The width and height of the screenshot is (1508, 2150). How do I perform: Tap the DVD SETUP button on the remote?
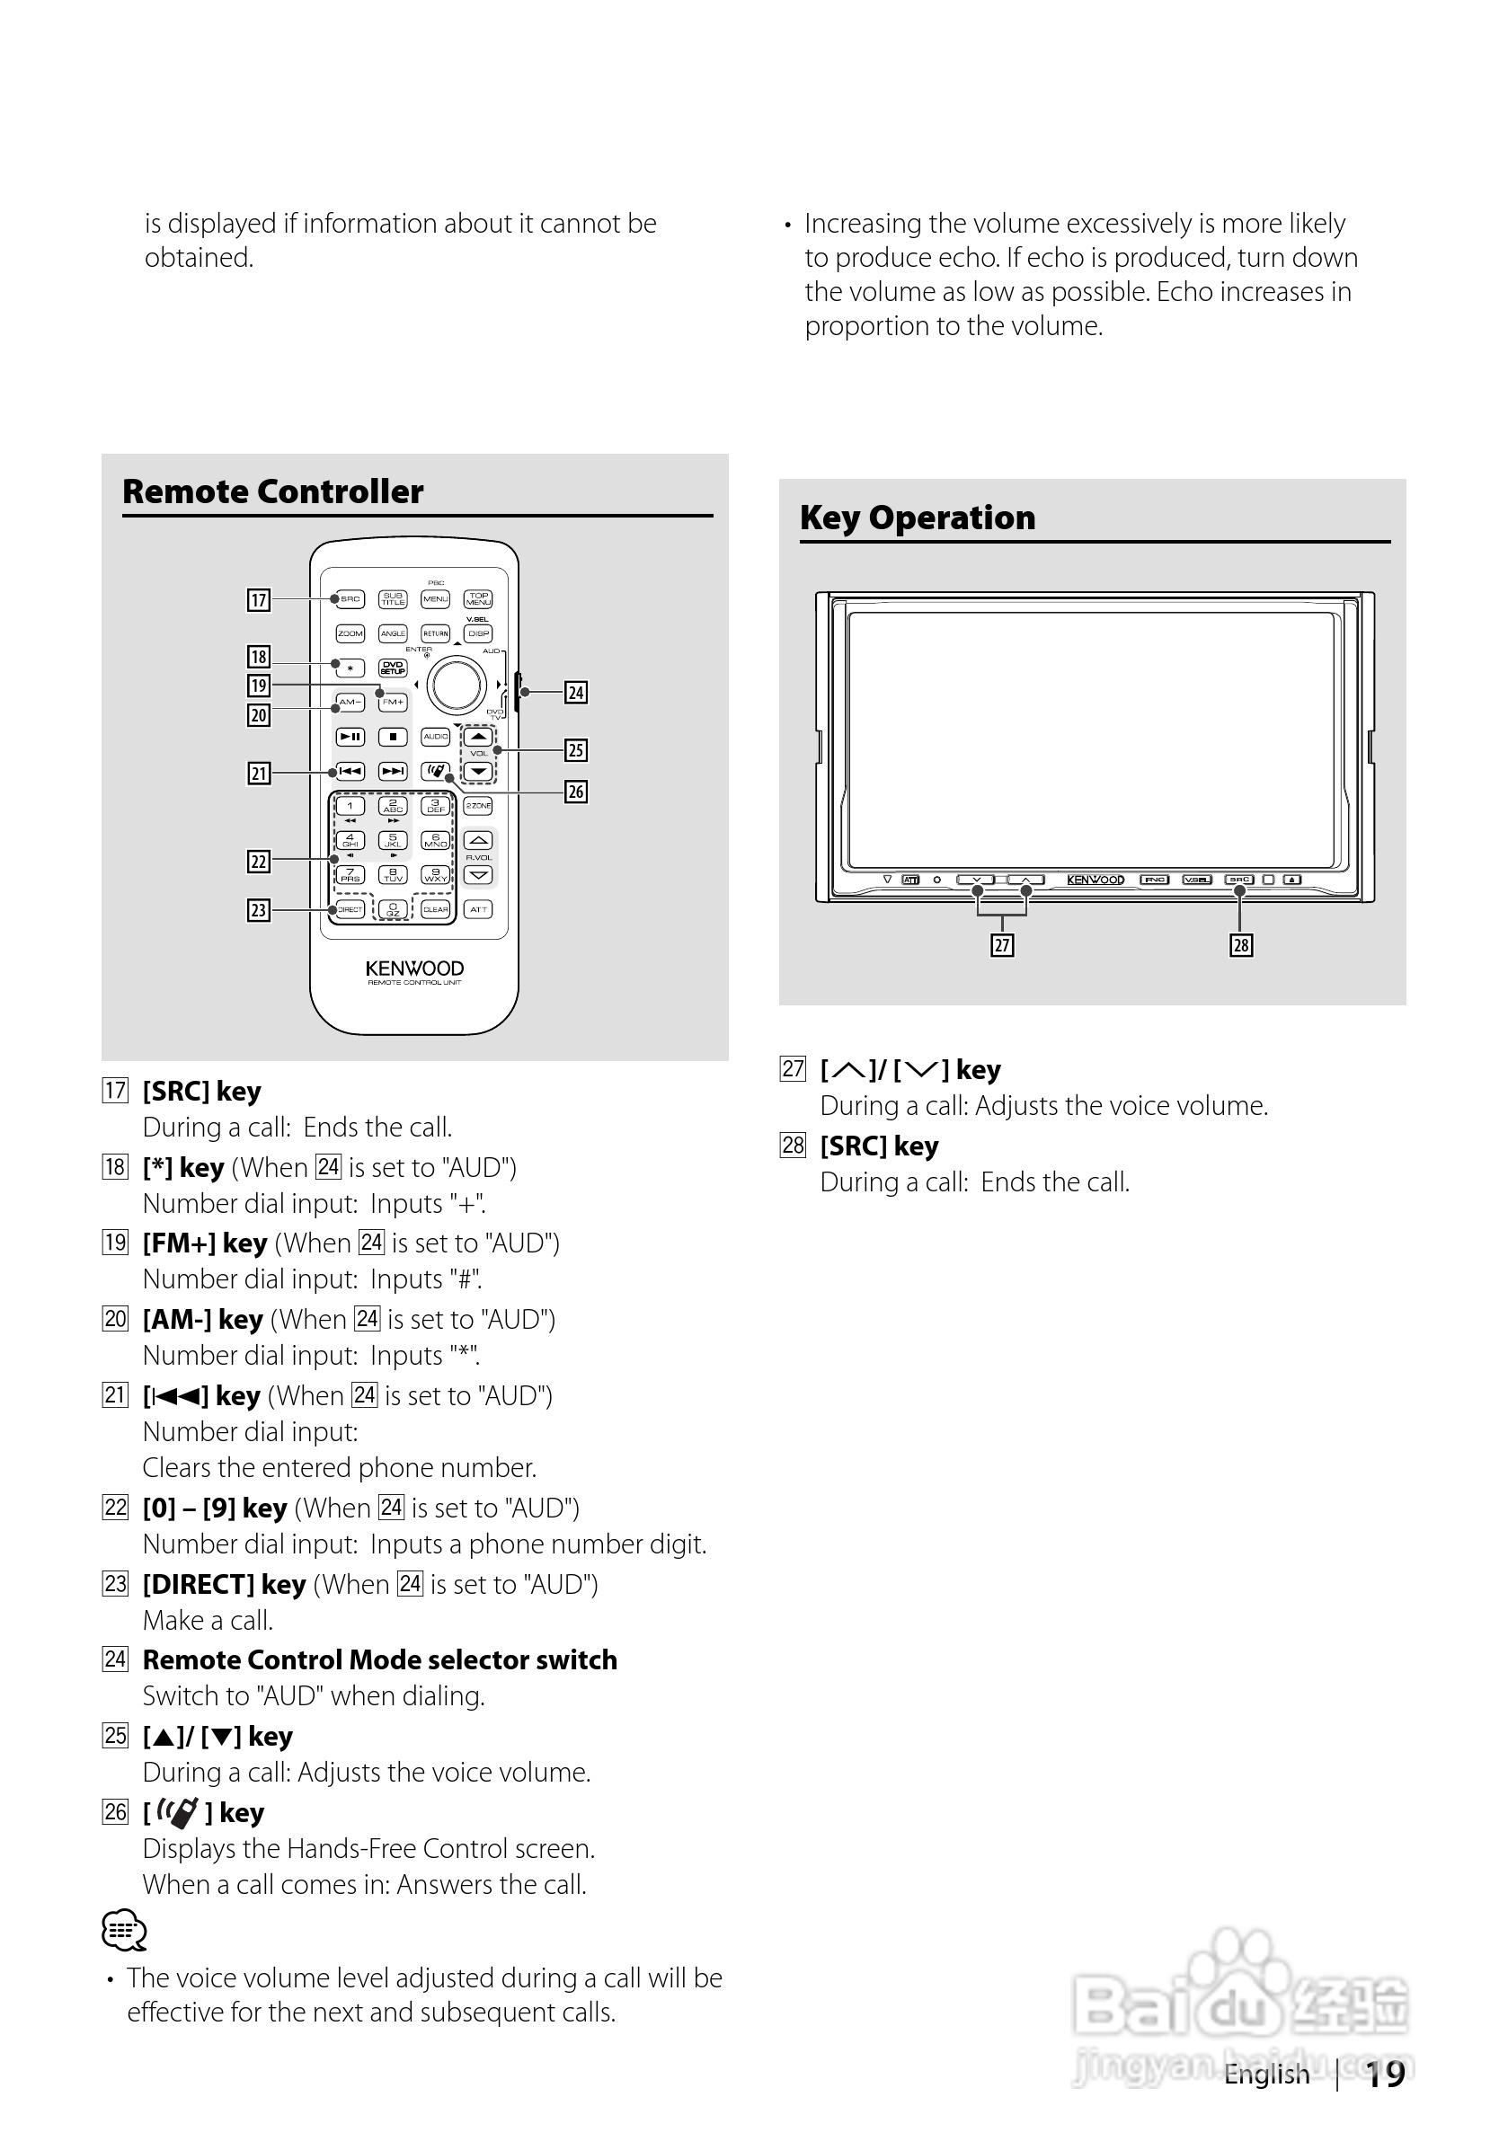click(x=393, y=668)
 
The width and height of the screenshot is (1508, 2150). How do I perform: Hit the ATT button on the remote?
click(x=479, y=909)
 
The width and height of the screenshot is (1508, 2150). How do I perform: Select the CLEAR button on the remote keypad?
click(x=436, y=909)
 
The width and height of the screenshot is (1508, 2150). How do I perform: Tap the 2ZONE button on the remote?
click(x=479, y=805)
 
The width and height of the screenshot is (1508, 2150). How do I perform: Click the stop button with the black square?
click(x=393, y=737)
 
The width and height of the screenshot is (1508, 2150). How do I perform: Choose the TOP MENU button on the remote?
click(x=479, y=598)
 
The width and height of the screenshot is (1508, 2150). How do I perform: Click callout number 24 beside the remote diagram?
click(x=576, y=693)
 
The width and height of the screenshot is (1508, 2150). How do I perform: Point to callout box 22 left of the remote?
click(x=259, y=862)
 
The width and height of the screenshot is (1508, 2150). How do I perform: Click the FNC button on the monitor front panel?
click(x=1154, y=880)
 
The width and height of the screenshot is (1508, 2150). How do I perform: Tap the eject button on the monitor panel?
click(x=1291, y=880)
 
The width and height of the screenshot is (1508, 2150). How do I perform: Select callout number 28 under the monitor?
click(x=1241, y=946)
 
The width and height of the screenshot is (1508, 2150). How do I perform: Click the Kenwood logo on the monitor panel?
click(x=1095, y=880)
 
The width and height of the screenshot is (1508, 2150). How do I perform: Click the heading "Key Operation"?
click(x=917, y=518)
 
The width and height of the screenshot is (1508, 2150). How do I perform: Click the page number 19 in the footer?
click(x=1384, y=2075)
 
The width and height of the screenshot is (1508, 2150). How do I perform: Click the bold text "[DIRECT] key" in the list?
click(x=224, y=1584)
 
